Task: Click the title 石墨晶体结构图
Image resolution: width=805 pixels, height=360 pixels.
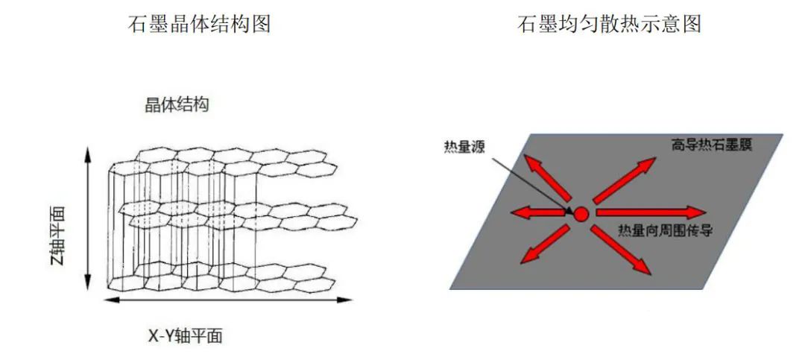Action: pyautogui.click(x=201, y=25)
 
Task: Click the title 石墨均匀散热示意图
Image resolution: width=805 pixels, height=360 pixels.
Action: pyautogui.click(x=609, y=25)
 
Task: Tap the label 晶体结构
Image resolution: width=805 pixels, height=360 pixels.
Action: pyautogui.click(x=177, y=104)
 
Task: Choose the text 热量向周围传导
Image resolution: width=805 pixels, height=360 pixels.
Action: pyautogui.click(x=666, y=230)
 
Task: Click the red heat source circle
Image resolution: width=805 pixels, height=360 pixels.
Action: pyautogui.click(x=581, y=215)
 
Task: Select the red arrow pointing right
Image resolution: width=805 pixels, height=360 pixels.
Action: pyautogui.click(x=648, y=212)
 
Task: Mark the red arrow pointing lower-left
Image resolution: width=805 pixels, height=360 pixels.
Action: pyautogui.click(x=542, y=246)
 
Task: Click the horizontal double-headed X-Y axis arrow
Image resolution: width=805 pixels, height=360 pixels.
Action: pyautogui.click(x=227, y=300)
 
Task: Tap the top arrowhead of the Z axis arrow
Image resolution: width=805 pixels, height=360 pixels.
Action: pyautogui.click(x=89, y=152)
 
